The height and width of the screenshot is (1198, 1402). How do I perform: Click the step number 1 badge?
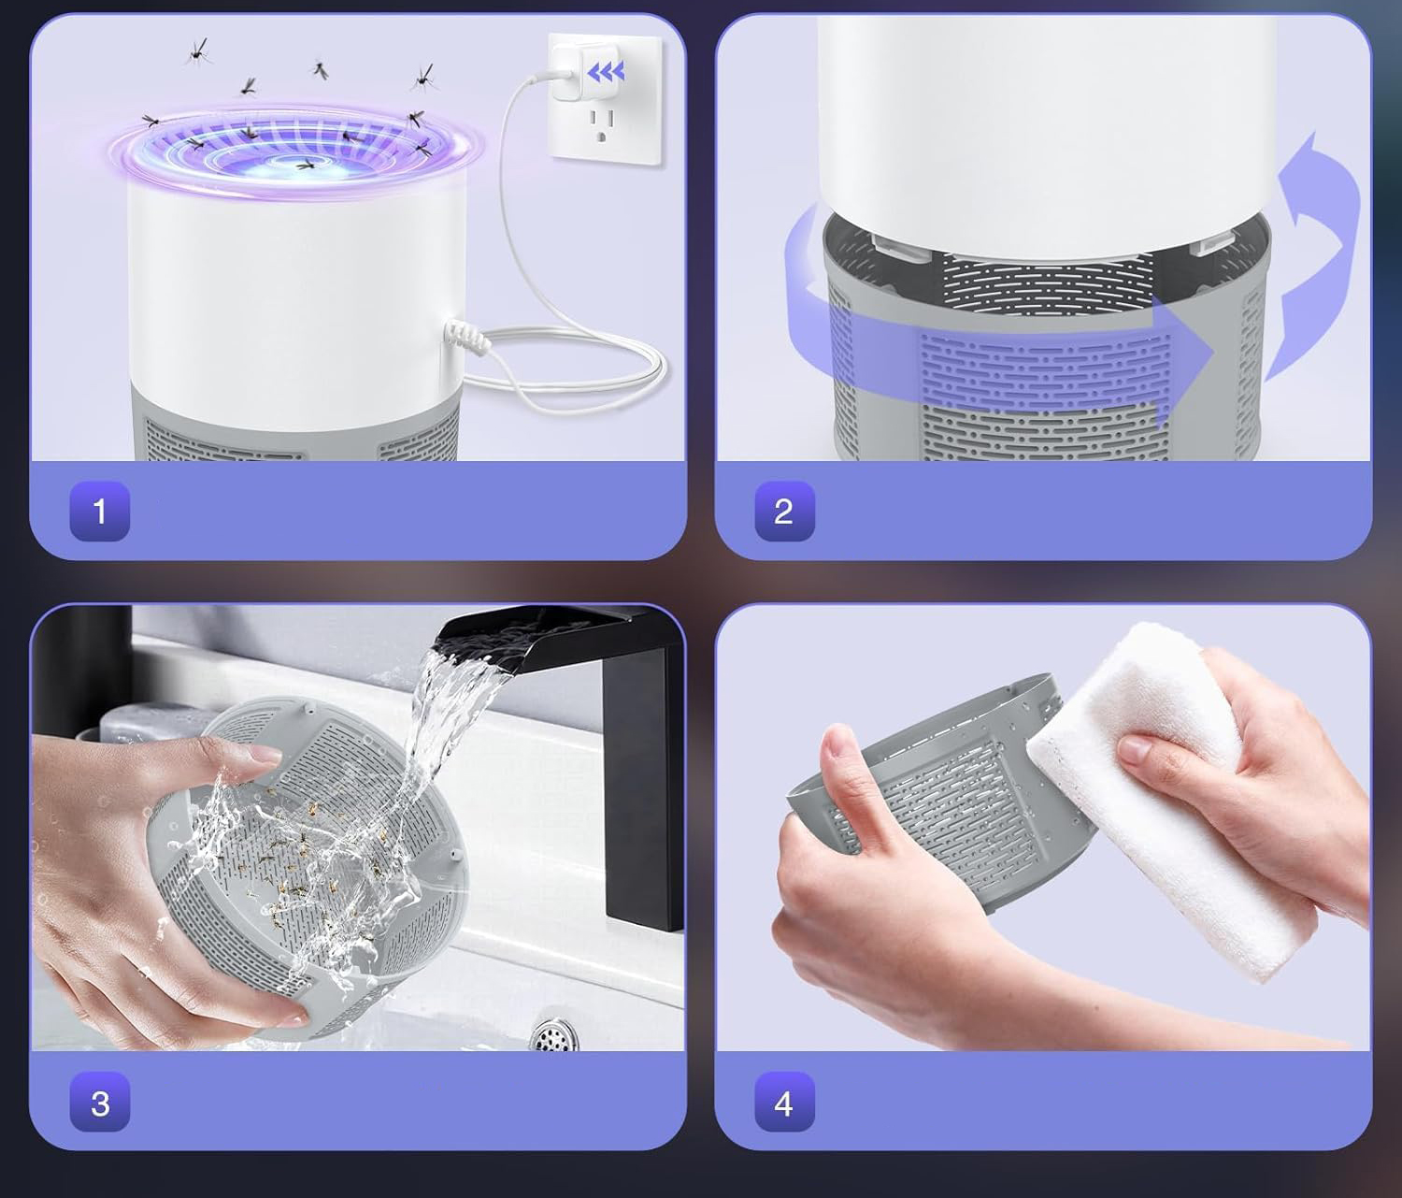point(100,512)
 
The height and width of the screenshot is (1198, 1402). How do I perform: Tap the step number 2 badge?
point(785,512)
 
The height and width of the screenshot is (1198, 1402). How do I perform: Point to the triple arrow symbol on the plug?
point(606,71)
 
